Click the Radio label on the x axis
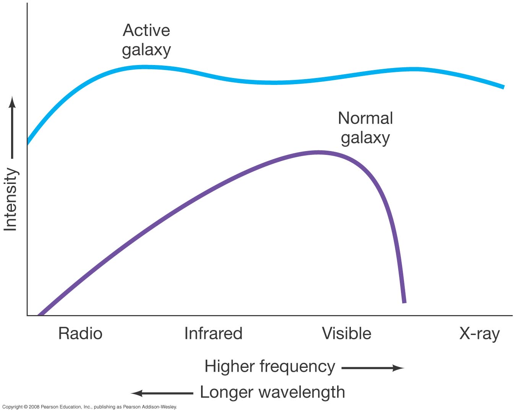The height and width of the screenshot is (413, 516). coord(80,333)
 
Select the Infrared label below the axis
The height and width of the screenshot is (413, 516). coord(213,333)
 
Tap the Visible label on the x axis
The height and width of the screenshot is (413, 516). coord(346,333)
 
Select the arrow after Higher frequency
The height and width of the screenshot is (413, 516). coord(373,368)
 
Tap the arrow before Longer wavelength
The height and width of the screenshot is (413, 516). coord(162,393)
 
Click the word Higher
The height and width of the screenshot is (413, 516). coord(229,366)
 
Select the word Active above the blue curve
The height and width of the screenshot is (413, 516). coord(146,31)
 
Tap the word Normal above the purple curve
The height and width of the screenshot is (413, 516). coord(365,118)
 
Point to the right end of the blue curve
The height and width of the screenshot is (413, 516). coord(503,87)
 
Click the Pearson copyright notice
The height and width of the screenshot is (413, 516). coord(89,407)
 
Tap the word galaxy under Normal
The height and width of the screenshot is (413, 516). coord(365,138)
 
